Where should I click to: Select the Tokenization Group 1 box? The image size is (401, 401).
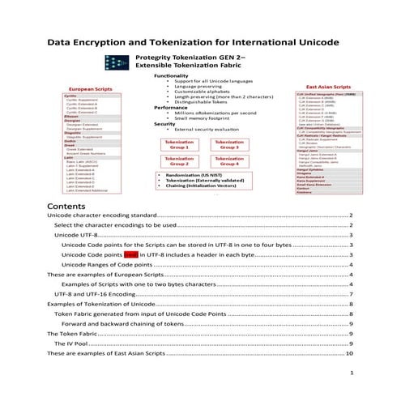point(180,143)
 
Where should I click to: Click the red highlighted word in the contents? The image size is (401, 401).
point(130,254)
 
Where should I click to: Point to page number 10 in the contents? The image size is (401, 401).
point(349,353)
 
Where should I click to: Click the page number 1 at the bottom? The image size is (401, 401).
point(351,373)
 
